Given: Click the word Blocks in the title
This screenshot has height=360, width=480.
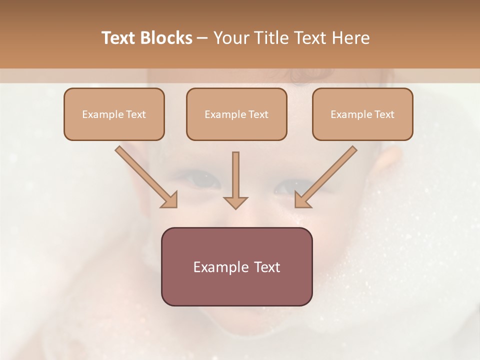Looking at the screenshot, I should (167, 38).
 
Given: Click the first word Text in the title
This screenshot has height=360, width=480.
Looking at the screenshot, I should (119, 38).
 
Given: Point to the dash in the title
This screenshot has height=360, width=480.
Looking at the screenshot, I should (202, 38).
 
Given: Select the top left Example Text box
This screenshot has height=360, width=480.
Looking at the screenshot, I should (114, 114).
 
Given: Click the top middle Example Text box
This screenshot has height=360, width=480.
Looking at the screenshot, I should (236, 114).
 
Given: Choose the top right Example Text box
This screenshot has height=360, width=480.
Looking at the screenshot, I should (362, 114).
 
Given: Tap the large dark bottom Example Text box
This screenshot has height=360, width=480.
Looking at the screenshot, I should (236, 266).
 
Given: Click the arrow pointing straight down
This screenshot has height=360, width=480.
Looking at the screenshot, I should (235, 177).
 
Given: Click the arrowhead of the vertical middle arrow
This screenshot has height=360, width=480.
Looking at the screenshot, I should (235, 202).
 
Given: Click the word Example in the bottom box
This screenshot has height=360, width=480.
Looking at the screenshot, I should (217, 267).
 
